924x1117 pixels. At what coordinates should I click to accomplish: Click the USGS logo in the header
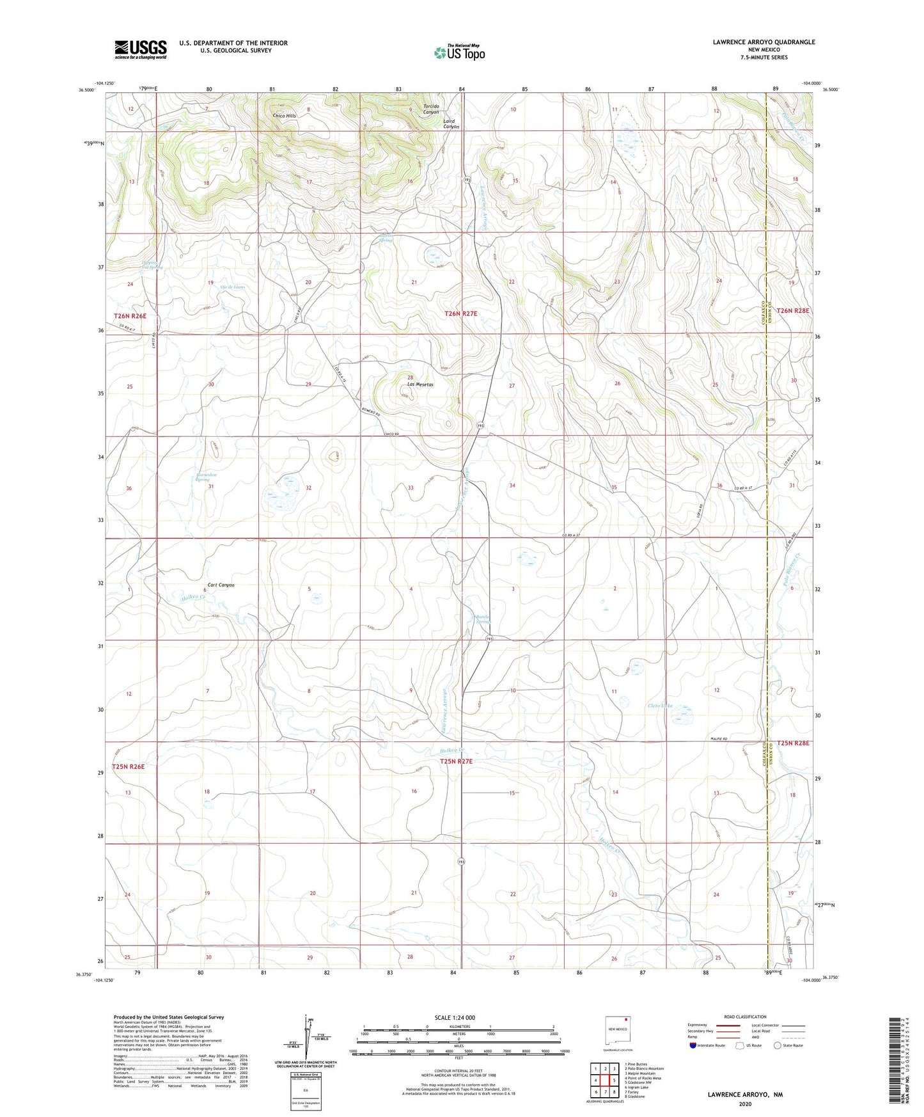click(x=141, y=49)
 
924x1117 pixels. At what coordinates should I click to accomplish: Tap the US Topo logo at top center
click(x=459, y=52)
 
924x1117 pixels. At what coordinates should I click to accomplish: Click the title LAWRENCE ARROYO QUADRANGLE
click(x=763, y=42)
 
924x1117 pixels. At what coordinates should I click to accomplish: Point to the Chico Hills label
click(x=285, y=116)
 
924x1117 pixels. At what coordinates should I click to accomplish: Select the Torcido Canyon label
click(x=431, y=109)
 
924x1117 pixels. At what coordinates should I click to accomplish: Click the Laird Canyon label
click(x=451, y=124)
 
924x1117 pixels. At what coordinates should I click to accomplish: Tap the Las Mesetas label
click(x=420, y=384)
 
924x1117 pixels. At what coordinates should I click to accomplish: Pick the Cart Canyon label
click(x=221, y=585)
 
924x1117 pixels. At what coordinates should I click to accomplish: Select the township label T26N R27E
click(x=461, y=313)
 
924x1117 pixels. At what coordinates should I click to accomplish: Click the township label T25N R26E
click(x=134, y=766)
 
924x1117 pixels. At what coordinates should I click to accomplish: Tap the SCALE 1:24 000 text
click(x=455, y=1017)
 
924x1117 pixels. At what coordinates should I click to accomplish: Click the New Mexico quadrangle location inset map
click(x=617, y=1031)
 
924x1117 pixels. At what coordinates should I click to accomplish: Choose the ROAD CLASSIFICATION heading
click(x=746, y=1017)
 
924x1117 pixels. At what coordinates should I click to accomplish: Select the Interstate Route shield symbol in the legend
click(x=693, y=1045)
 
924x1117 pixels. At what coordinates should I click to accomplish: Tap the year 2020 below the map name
click(x=745, y=1104)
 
